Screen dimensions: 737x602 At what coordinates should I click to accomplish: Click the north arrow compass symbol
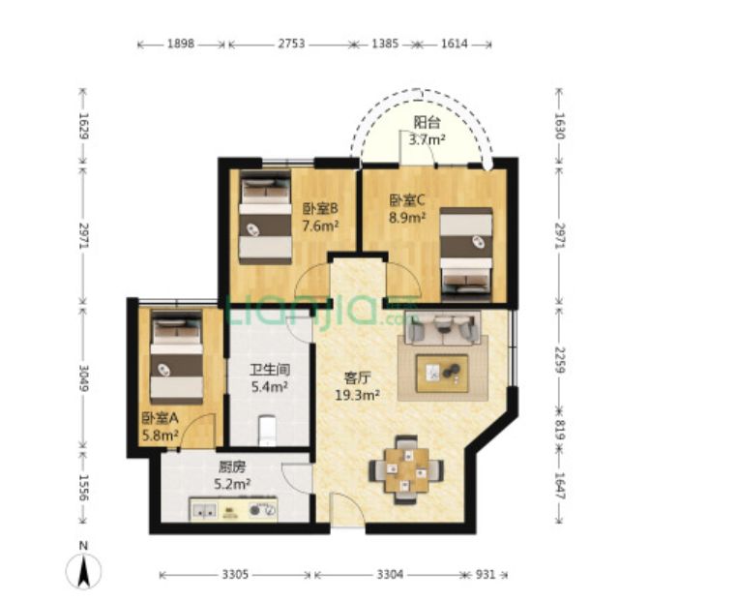[84, 570]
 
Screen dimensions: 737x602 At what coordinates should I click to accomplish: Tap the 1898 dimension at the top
[181, 44]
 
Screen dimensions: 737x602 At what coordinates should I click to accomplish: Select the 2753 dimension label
[291, 44]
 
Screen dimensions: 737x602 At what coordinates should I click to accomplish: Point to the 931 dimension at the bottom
[486, 574]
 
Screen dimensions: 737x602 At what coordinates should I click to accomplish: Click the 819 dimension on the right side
[559, 430]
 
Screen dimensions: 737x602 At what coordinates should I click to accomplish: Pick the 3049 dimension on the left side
[84, 377]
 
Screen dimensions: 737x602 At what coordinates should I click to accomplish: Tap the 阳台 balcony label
[427, 122]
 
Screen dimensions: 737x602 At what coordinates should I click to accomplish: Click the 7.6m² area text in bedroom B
[320, 226]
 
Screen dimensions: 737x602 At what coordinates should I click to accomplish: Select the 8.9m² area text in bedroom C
[407, 218]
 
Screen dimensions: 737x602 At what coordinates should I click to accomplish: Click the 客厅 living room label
[358, 377]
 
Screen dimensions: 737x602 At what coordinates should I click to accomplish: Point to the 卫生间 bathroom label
[269, 370]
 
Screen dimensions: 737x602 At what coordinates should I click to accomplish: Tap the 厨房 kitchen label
[232, 467]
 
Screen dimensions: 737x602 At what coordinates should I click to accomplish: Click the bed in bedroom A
[177, 357]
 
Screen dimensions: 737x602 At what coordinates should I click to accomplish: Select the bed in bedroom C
[466, 255]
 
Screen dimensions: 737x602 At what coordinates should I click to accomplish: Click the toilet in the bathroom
[268, 430]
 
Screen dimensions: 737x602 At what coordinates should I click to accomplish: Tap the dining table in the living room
[406, 469]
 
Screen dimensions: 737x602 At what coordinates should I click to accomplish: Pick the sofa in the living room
[443, 327]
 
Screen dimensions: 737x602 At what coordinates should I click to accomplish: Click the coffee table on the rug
[442, 373]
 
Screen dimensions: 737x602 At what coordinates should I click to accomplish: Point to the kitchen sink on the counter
[204, 510]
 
